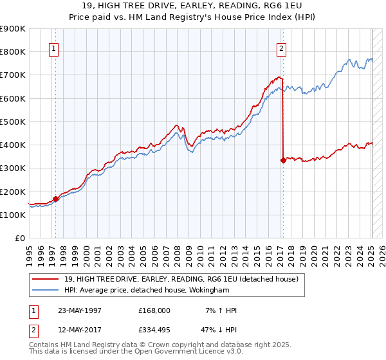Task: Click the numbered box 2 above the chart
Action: (281, 48)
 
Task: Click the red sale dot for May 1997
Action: (56, 199)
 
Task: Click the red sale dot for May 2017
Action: (283, 161)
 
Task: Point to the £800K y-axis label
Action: (13, 51)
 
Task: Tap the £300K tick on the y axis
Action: (13, 168)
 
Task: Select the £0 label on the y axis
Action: (21, 238)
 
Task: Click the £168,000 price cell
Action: (154, 310)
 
